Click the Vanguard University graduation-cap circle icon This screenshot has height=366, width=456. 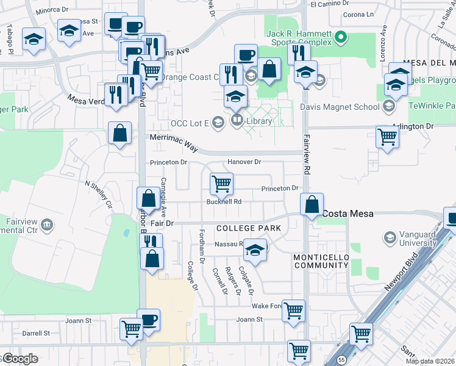pos(388,236)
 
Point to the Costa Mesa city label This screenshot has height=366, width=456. pos(347,214)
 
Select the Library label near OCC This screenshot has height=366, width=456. pos(259,121)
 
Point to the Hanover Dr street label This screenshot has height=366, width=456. pos(244,162)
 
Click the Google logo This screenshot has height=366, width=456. pos(20,359)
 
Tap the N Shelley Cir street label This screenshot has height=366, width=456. pos(99,193)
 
